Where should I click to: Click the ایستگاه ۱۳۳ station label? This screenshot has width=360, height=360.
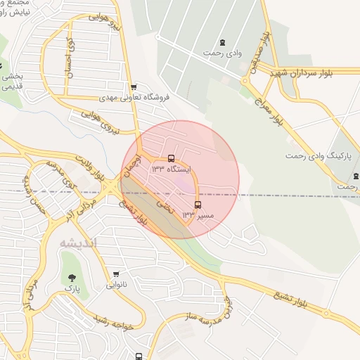point(168,169)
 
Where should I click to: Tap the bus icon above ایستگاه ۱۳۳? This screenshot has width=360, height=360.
point(171,158)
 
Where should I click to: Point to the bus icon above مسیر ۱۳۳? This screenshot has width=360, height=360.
point(197,205)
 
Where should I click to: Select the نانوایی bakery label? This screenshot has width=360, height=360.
point(117,285)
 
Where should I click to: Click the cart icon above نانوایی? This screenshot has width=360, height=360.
point(116,274)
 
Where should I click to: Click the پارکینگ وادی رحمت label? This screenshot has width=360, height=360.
point(318,154)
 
